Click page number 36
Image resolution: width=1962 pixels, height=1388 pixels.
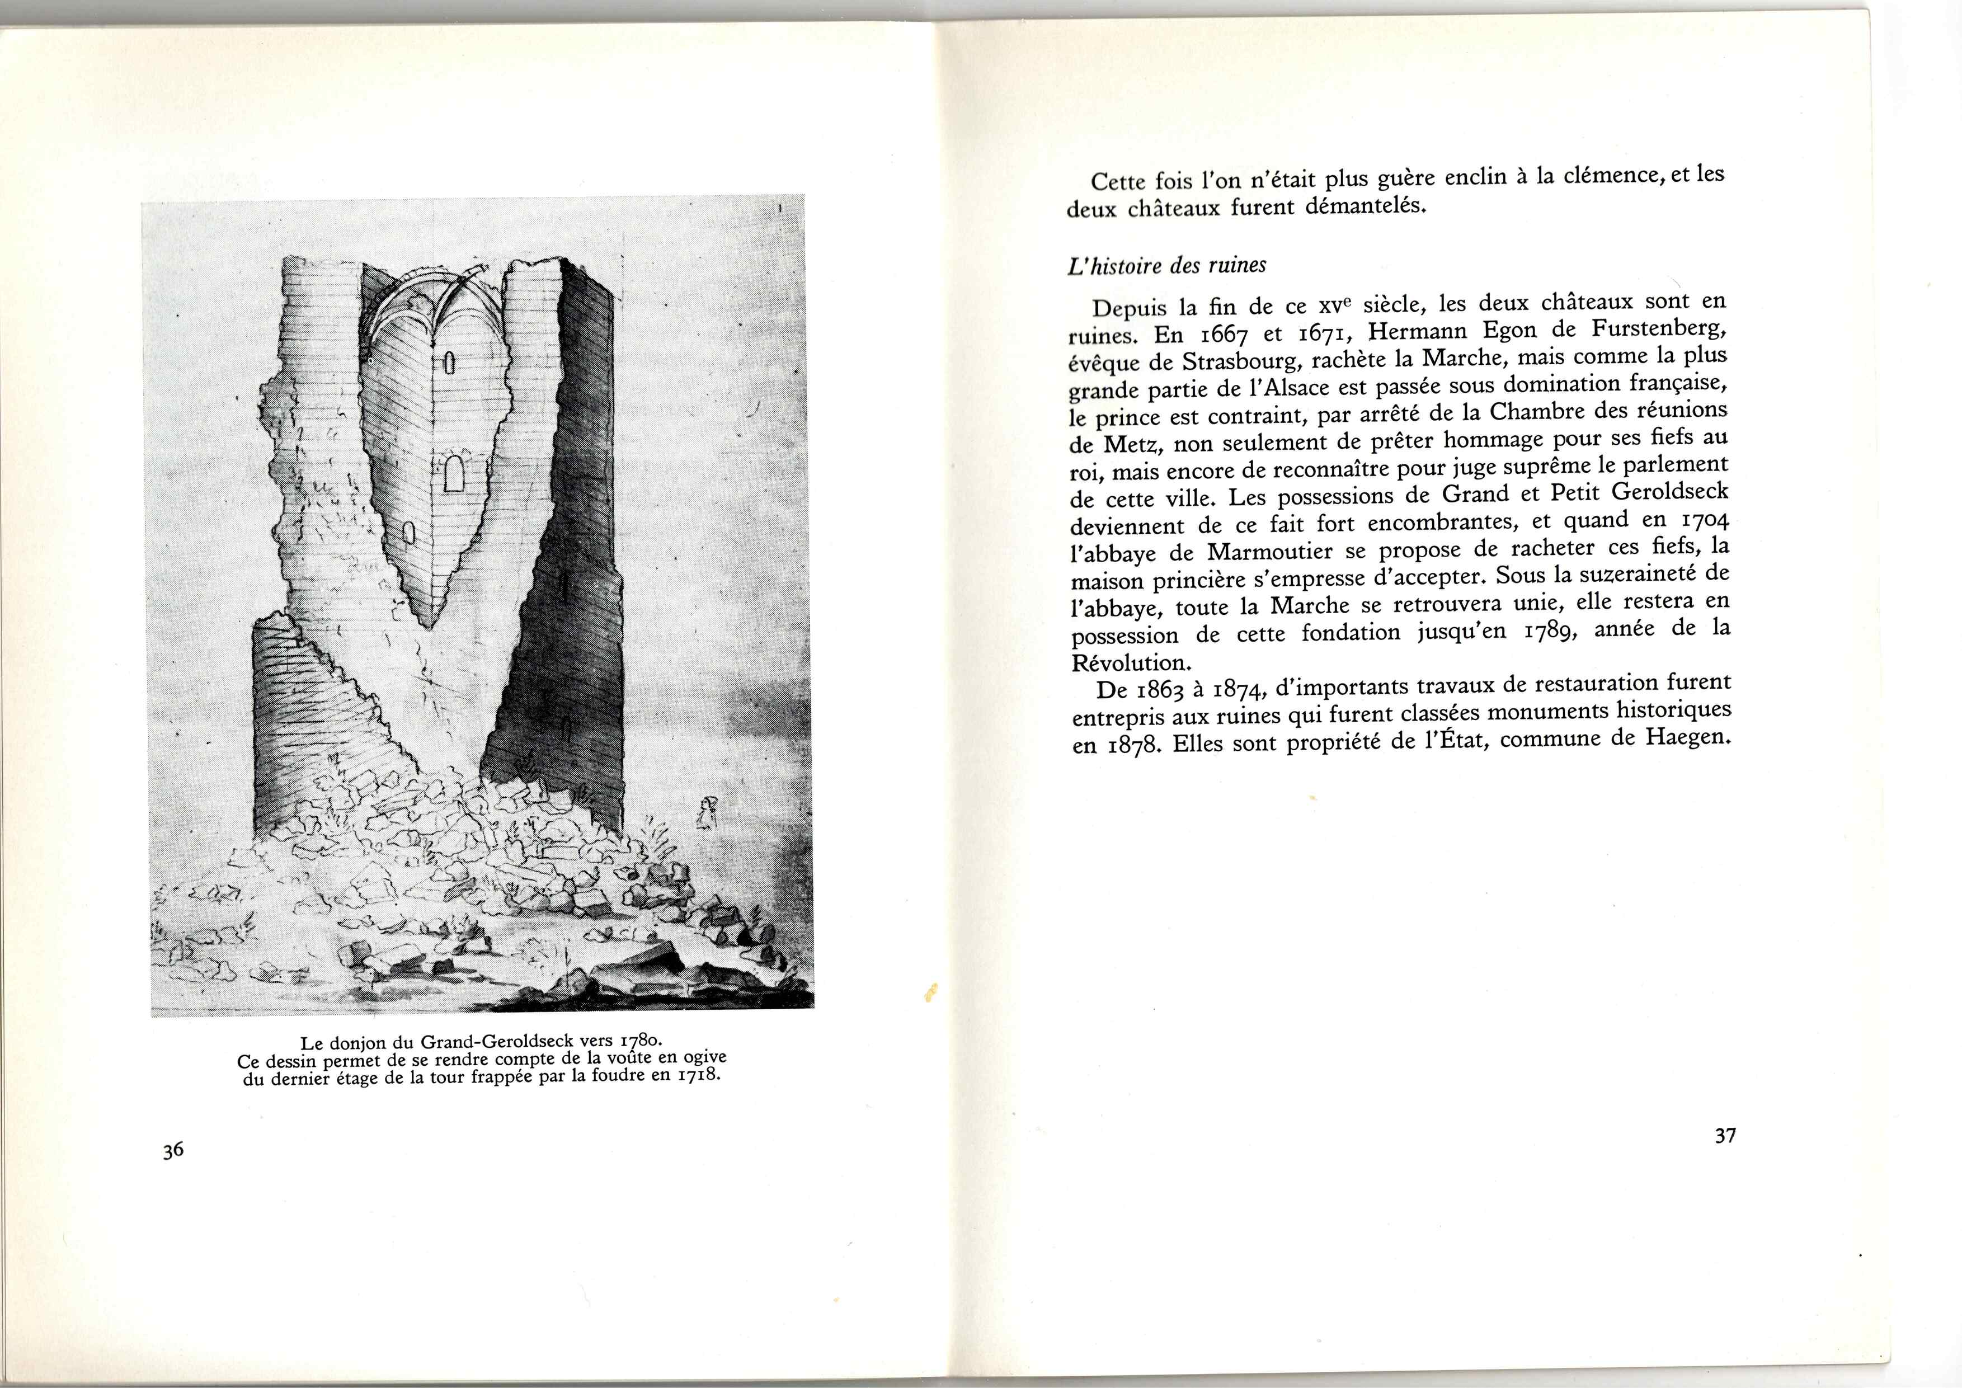click(x=173, y=1150)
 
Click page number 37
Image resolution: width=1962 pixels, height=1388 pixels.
click(x=1725, y=1136)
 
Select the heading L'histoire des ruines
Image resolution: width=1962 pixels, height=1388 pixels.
click(x=1166, y=266)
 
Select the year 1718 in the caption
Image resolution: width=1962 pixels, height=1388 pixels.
click(x=697, y=1075)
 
